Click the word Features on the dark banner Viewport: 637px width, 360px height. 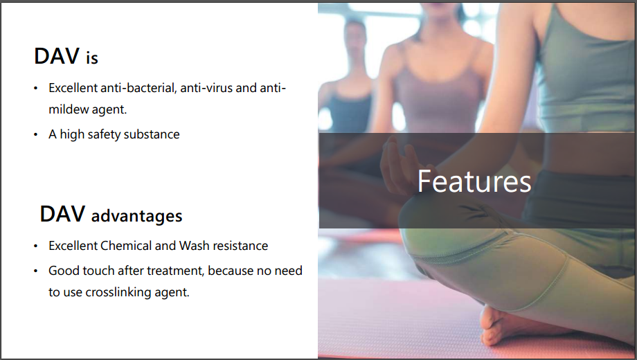(x=474, y=181)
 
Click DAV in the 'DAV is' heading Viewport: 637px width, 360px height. (x=57, y=56)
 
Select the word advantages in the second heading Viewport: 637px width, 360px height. (x=136, y=216)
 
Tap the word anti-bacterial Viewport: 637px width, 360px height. (x=138, y=88)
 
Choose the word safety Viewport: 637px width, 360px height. (x=104, y=134)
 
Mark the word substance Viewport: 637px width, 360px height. (x=152, y=134)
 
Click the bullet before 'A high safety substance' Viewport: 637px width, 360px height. (x=36, y=135)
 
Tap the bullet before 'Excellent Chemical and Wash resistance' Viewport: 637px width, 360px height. (x=36, y=246)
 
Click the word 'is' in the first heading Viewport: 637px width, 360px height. (x=92, y=57)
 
